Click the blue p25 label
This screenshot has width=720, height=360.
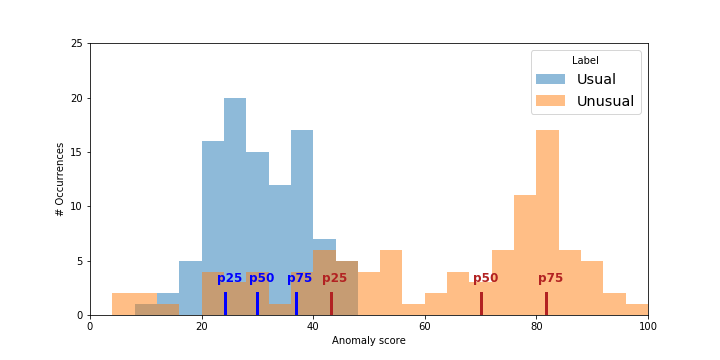tap(229, 278)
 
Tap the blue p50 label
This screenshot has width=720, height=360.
tap(261, 278)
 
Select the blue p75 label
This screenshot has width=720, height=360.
tap(300, 278)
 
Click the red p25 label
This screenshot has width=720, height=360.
tap(334, 278)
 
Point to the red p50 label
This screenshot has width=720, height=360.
tap(485, 278)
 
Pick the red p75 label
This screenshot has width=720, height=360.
tap(550, 278)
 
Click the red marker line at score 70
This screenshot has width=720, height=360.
tap(481, 303)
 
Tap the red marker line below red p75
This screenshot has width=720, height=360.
tap(546, 303)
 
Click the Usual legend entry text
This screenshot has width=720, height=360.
tap(596, 79)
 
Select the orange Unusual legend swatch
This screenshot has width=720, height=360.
tap(550, 101)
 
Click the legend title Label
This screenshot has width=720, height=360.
tap(585, 60)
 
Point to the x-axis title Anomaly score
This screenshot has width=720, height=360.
tap(368, 341)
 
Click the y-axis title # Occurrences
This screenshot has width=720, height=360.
tap(61, 179)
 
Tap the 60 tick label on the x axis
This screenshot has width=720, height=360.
tap(425, 325)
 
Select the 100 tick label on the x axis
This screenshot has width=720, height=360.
tap(648, 325)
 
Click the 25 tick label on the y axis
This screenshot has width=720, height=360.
tap(77, 44)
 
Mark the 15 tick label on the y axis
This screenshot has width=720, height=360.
tap(77, 152)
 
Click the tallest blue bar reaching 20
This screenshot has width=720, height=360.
tap(235, 200)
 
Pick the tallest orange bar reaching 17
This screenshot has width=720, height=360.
tap(547, 220)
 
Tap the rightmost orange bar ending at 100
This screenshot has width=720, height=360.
tap(637, 310)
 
